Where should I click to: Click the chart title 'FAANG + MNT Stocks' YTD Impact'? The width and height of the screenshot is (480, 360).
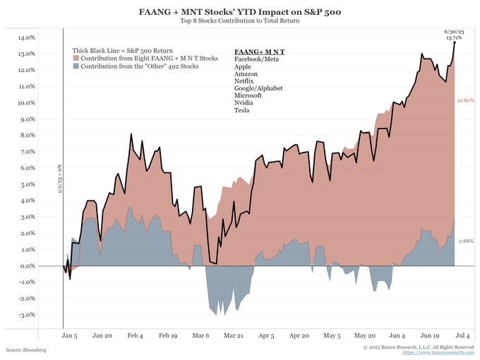(x=241, y=11)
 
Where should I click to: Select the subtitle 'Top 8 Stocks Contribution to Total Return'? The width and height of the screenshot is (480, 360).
(x=241, y=20)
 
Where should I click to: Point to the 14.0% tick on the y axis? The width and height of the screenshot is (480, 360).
(x=25, y=37)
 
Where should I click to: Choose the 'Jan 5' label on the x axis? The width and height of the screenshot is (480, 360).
(x=71, y=337)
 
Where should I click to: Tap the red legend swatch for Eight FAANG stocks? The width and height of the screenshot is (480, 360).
(x=76, y=59)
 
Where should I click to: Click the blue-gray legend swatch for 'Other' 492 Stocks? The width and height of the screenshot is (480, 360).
(x=76, y=66)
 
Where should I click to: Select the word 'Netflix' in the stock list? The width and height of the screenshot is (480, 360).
(x=244, y=82)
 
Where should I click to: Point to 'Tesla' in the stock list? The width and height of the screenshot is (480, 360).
(x=241, y=110)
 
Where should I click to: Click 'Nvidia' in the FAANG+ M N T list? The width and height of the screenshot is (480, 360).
(x=244, y=101)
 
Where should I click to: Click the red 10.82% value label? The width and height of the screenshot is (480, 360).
(x=465, y=101)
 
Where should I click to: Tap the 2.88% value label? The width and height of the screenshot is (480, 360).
(x=465, y=241)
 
